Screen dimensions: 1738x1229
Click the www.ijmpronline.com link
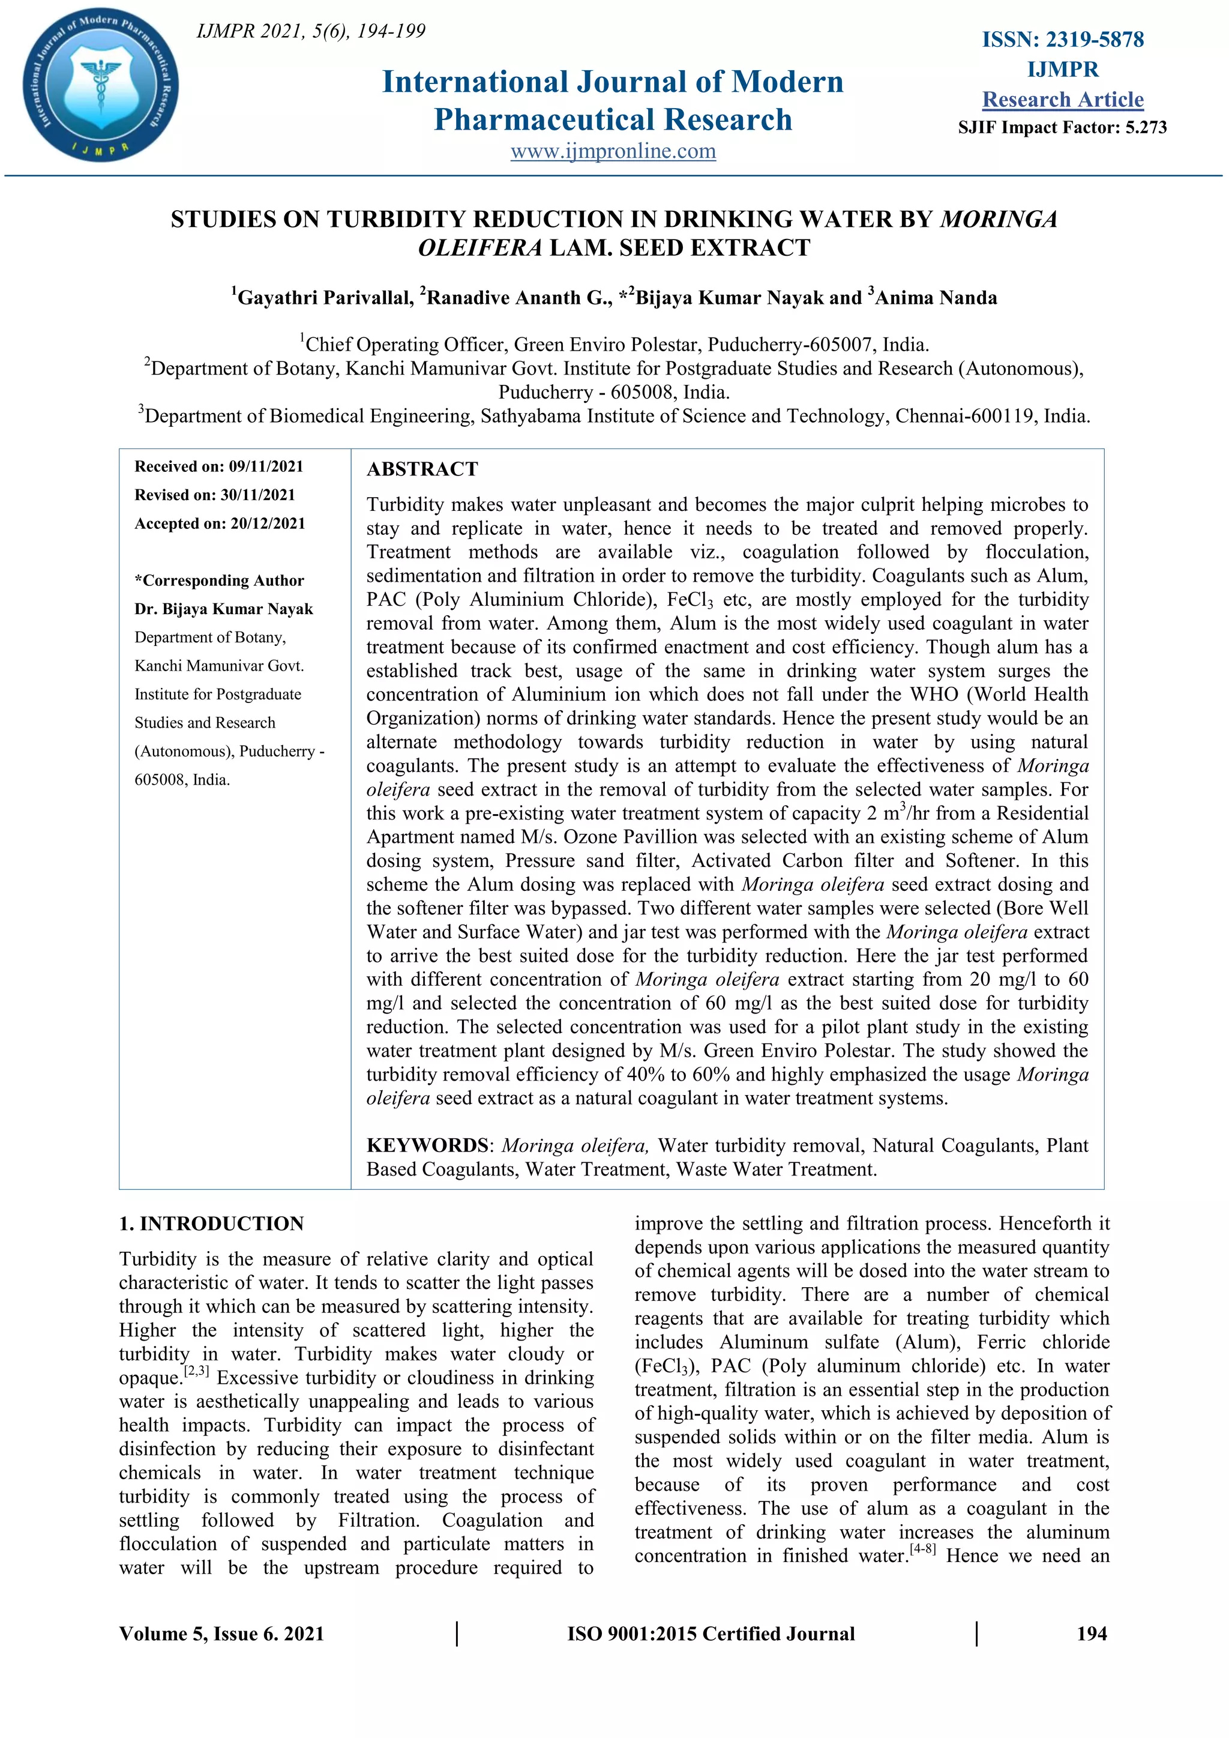pyautogui.click(x=613, y=151)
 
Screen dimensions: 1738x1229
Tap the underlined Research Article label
pyautogui.click(x=1063, y=99)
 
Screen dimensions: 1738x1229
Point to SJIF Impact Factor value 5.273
pyautogui.click(x=1146, y=127)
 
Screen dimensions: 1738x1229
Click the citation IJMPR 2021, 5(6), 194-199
pyautogui.click(x=311, y=31)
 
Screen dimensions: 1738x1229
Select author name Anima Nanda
pyautogui.click(x=936, y=298)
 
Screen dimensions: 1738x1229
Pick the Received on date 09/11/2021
pyautogui.click(x=266, y=466)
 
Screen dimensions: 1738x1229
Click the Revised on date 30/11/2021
pyautogui.click(x=257, y=495)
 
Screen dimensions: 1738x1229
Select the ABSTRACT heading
pyautogui.click(x=422, y=469)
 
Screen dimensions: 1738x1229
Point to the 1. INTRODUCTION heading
pyautogui.click(x=211, y=1224)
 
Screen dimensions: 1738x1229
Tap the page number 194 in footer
pyautogui.click(x=1091, y=1634)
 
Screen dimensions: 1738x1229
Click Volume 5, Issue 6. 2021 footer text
pyautogui.click(x=221, y=1634)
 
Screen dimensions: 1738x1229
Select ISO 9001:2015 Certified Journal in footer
pyautogui.click(x=711, y=1634)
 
